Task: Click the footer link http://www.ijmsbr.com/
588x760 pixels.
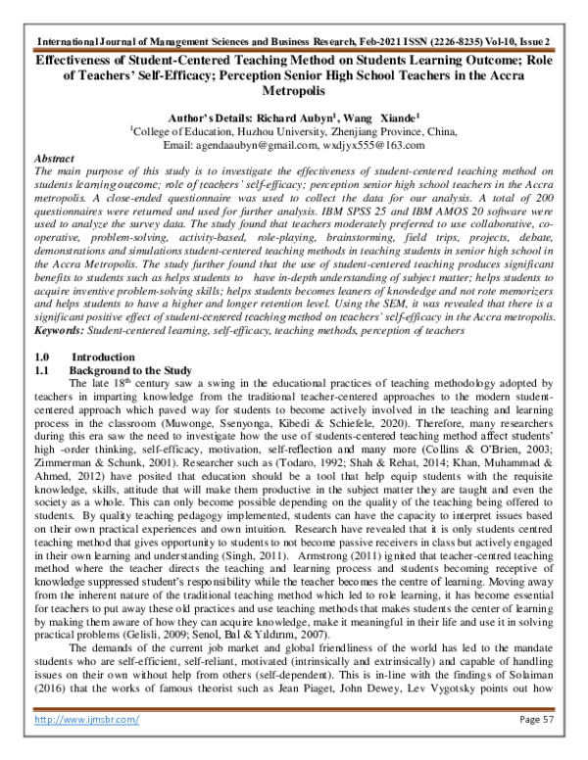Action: click(86, 746)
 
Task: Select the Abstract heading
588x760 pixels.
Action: click(56, 158)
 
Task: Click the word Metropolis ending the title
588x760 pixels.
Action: click(293, 88)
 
